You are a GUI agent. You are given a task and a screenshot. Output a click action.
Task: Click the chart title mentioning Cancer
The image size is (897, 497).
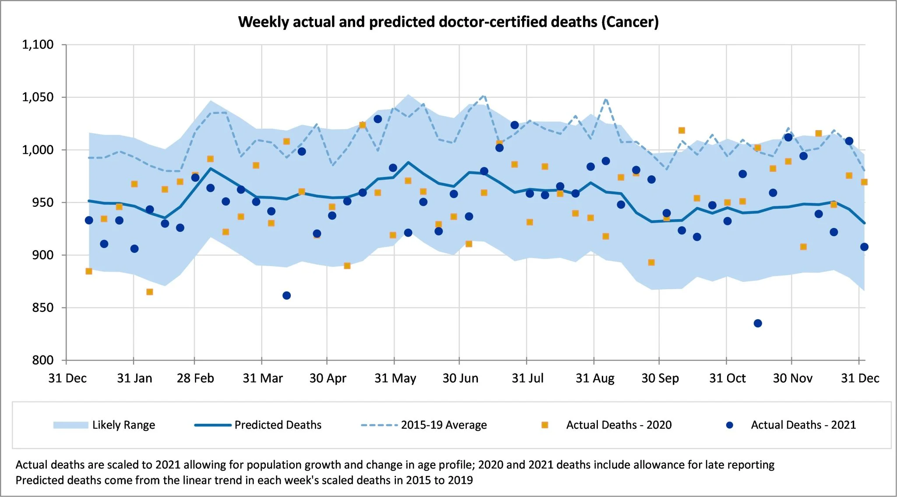[448, 22]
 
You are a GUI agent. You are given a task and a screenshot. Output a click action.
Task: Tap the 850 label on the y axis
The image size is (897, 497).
[42, 308]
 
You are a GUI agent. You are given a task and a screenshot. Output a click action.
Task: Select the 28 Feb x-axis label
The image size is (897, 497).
[195, 378]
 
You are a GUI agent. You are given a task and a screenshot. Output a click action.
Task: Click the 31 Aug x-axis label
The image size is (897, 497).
[595, 378]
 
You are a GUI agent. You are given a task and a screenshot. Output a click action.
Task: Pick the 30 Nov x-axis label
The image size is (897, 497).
[792, 378]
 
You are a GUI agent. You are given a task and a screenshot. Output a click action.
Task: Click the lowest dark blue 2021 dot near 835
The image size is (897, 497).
[758, 323]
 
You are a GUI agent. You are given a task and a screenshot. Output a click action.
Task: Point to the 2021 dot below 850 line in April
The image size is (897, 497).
[286, 295]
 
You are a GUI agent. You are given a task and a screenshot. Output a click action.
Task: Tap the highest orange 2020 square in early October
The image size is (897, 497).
[682, 131]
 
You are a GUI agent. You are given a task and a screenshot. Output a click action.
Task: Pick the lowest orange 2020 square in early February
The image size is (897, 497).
[149, 292]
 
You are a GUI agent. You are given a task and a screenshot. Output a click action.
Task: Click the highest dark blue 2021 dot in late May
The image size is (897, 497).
[378, 119]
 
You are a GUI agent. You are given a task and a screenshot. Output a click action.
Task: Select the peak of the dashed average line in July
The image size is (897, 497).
[484, 95]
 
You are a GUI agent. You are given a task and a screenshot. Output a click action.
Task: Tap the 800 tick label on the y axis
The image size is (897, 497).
[42, 360]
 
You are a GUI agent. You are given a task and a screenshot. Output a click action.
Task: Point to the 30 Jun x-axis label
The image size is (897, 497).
[460, 378]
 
